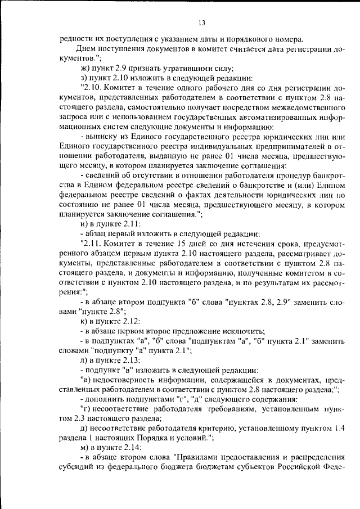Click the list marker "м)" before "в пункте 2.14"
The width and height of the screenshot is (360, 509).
[x=85, y=448]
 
